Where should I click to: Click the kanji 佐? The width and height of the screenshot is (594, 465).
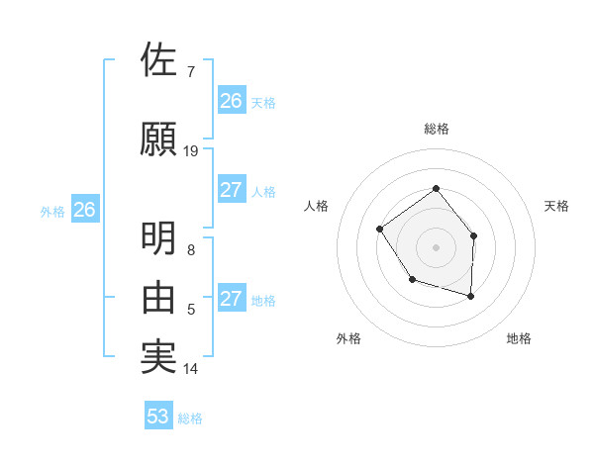click(158, 60)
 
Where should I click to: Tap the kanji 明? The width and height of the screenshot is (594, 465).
click(158, 238)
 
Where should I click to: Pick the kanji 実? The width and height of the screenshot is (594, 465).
click(158, 356)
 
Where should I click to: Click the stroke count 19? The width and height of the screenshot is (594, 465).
click(191, 151)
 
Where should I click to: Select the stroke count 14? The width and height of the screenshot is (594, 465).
click(191, 369)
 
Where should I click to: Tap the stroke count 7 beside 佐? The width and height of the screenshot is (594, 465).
click(191, 72)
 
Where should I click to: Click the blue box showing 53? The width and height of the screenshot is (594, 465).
click(158, 417)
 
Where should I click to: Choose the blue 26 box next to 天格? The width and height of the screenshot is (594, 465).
click(232, 100)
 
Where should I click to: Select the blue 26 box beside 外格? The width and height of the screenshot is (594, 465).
click(85, 209)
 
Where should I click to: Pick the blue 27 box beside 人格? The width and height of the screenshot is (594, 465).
click(232, 190)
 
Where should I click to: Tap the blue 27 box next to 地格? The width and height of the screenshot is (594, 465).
click(232, 299)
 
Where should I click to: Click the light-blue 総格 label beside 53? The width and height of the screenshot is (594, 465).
click(190, 418)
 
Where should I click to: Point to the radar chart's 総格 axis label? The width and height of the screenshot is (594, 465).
click(436, 129)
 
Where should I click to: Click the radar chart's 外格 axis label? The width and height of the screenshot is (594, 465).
click(348, 338)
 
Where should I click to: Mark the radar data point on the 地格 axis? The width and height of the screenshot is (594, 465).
click(471, 296)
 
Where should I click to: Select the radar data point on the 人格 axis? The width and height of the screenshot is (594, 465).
click(380, 230)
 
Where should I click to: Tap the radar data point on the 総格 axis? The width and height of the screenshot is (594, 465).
click(436, 189)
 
